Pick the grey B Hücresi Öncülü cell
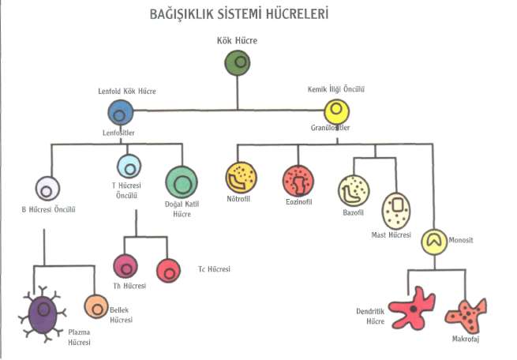click(48, 189)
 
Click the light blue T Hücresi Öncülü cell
click(129, 167)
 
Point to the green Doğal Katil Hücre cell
click(182, 185)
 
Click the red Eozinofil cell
click(298, 181)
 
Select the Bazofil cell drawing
click(353, 191)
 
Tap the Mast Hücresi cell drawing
click(396, 210)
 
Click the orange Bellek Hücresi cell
click(96, 306)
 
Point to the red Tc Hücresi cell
click(169, 271)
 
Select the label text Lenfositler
click(120, 133)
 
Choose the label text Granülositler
click(331, 127)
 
